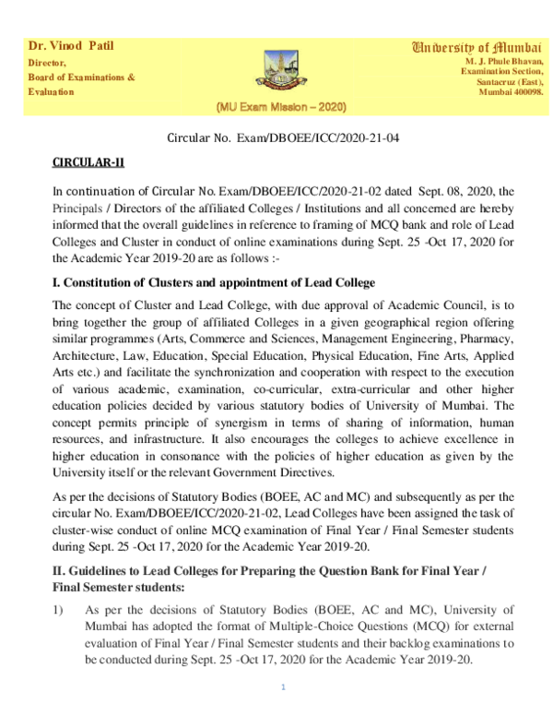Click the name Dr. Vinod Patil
[71, 46]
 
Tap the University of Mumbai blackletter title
[477, 47]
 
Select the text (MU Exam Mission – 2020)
[280, 107]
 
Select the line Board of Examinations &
[81, 78]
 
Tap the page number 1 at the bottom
[283, 687]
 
